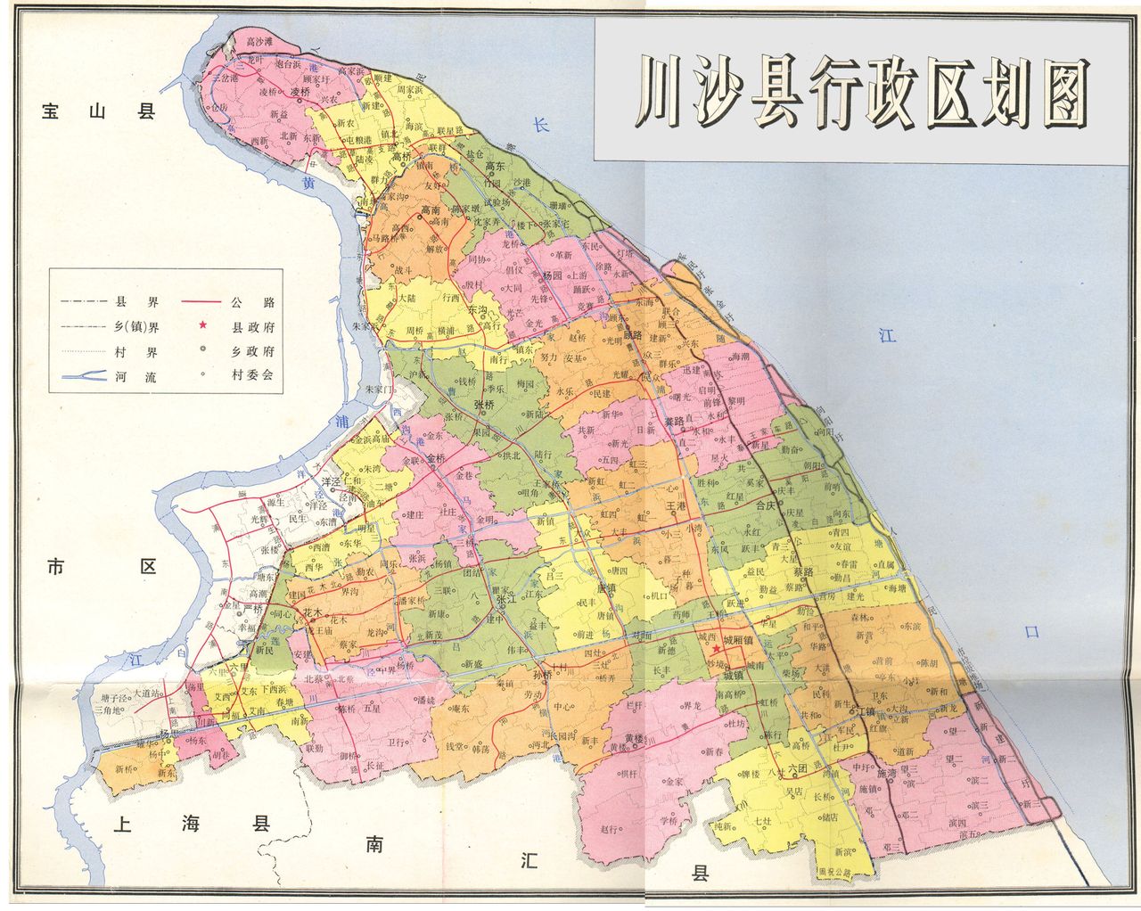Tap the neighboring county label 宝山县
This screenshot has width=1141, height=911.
99,111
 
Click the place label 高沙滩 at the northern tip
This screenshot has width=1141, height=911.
259,41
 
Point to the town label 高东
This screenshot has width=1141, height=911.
495,166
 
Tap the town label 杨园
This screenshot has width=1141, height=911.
553,276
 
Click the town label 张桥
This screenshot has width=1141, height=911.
484,404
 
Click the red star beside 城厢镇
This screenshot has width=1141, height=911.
717,650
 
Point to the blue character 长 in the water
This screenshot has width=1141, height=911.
541,126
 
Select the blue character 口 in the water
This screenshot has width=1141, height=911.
1032,632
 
